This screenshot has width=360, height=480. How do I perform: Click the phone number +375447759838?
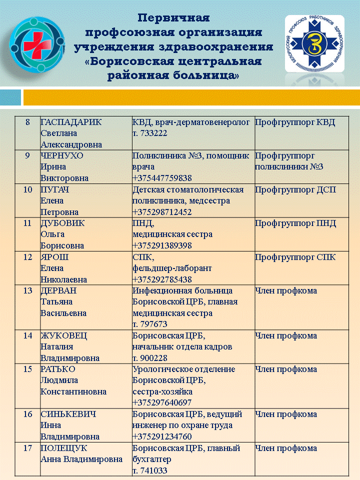pos(162,178)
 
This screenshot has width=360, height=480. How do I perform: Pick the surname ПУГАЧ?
pos(54,189)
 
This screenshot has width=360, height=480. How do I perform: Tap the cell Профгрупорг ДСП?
pos(295,189)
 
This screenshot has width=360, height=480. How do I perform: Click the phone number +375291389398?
pos(162,245)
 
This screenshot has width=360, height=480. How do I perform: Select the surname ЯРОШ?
pos(54,257)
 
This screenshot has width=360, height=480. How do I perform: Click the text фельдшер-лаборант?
pos(172,268)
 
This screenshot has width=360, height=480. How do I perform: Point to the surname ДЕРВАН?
pos(59,290)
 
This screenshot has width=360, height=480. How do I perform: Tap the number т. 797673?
pos(149,324)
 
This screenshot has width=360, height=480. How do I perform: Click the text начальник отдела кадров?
pos(182,346)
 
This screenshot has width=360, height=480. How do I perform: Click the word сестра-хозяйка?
pos(162,391)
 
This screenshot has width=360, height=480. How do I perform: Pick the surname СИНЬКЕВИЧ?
pos(68,414)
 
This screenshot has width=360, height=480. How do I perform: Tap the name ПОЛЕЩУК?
pos(62,448)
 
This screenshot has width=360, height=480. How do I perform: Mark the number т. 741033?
pos(149,470)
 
